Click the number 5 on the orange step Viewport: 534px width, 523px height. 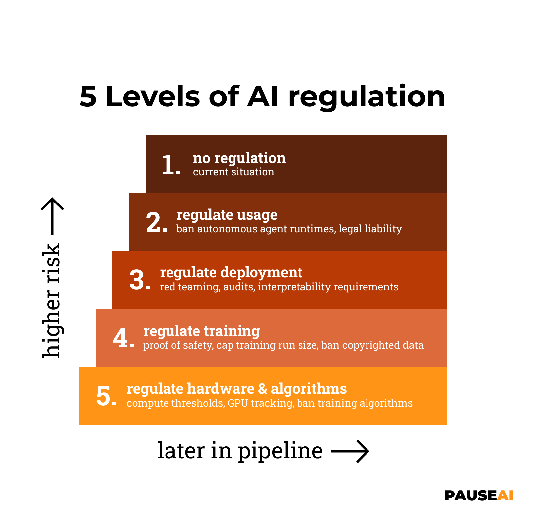click(104, 396)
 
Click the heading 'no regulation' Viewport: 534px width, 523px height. click(239, 158)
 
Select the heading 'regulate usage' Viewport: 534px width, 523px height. click(227, 215)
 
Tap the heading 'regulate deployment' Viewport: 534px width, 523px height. click(231, 273)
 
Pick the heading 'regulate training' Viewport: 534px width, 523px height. click(201, 331)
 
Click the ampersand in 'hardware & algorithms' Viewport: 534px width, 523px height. click(262, 389)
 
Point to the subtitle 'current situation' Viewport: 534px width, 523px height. click(234, 172)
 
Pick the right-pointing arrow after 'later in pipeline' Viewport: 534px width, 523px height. click(350, 451)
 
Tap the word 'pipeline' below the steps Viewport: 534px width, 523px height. click(280, 451)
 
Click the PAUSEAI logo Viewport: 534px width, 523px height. click(479, 496)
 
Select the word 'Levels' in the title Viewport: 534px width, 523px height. click(153, 97)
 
